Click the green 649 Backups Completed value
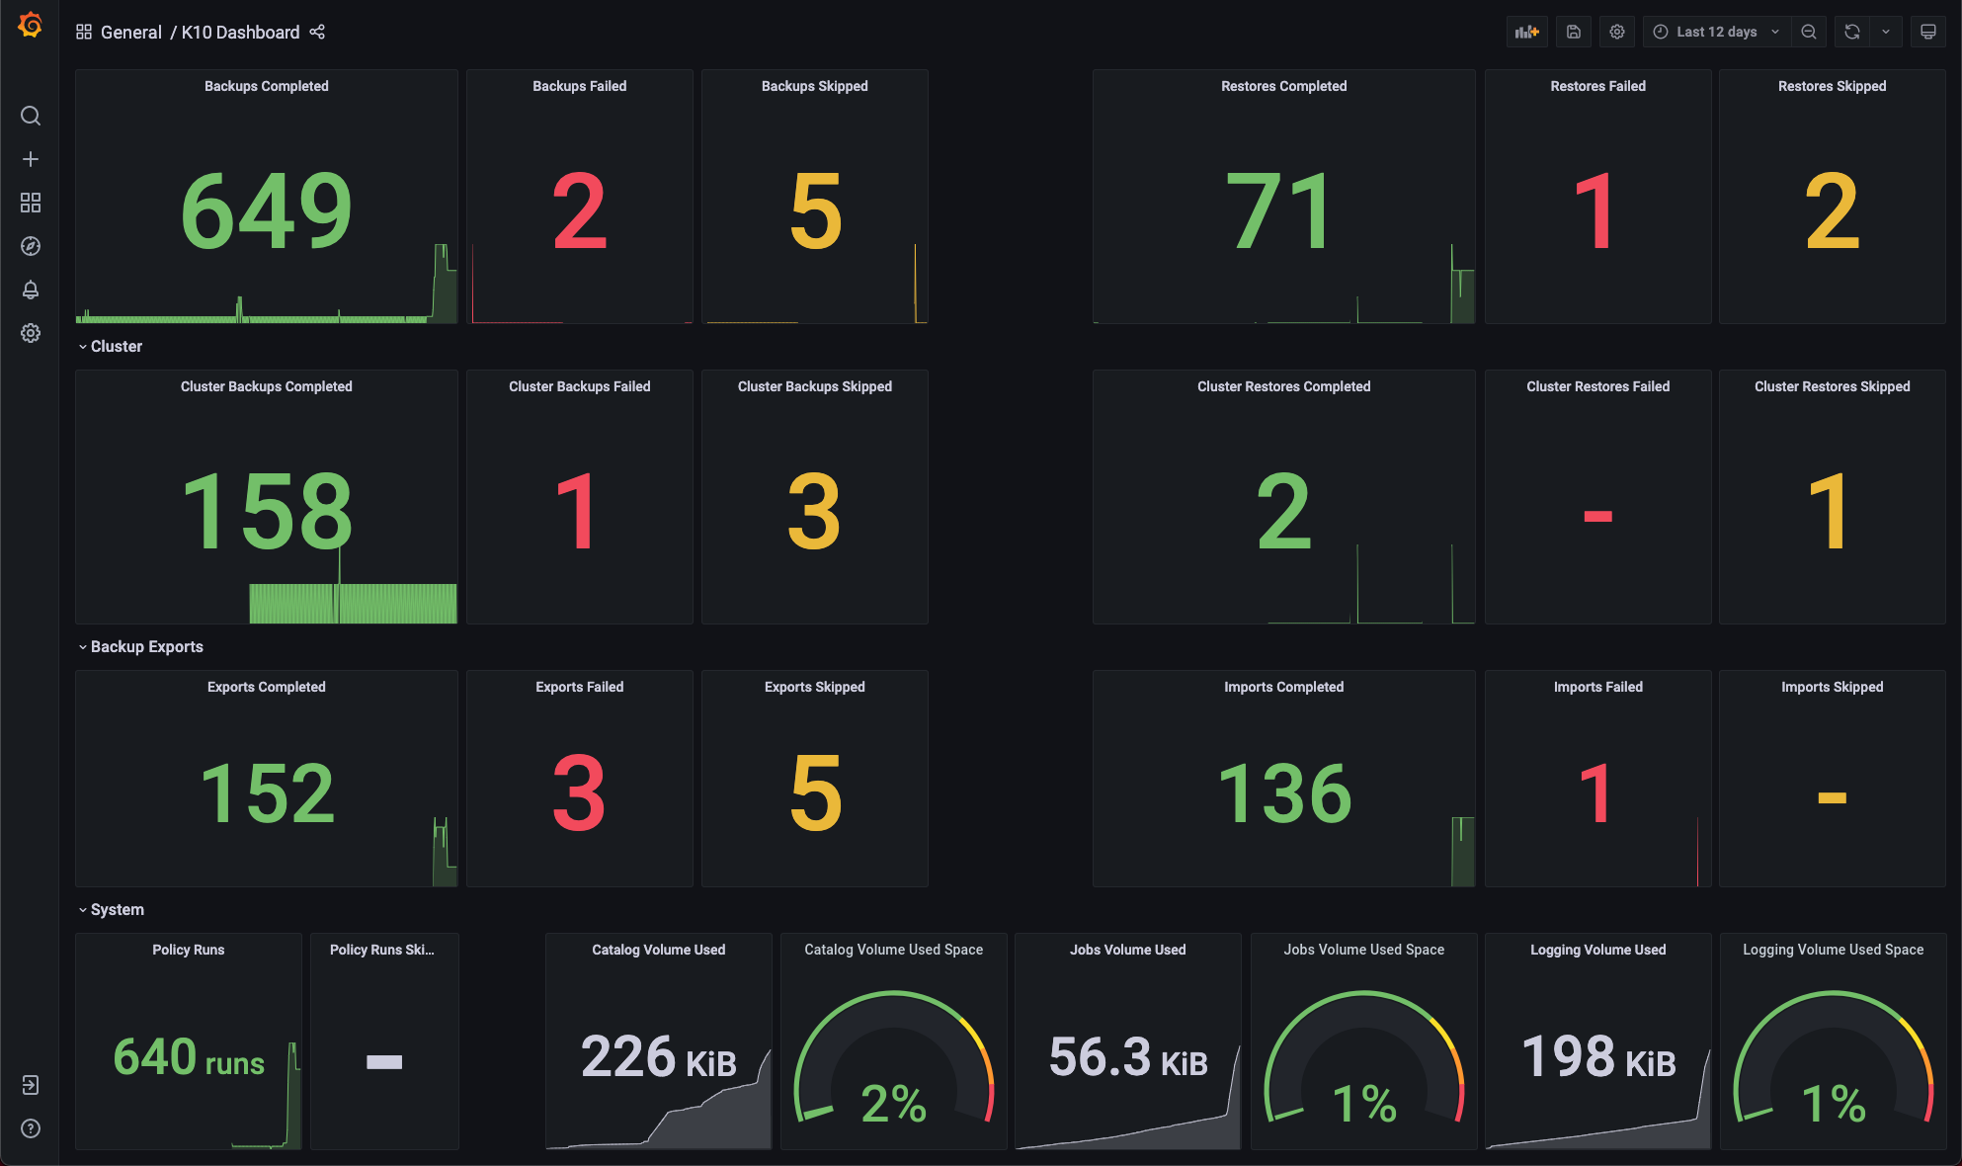[266, 210]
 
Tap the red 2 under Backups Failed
[579, 210]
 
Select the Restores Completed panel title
[1283, 86]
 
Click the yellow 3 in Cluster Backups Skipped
[814, 511]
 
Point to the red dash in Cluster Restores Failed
[1597, 515]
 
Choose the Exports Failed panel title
[579, 687]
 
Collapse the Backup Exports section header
[146, 646]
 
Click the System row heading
[117, 909]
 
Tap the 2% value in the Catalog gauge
[893, 1103]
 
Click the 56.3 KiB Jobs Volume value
[1127, 1057]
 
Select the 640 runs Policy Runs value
[188, 1057]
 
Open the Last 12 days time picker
[1717, 32]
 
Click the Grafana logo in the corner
[30, 25]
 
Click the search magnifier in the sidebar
[31, 116]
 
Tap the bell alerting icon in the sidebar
[31, 290]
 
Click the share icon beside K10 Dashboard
[317, 32]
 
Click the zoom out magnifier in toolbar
[1808, 32]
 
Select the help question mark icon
[31, 1128]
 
